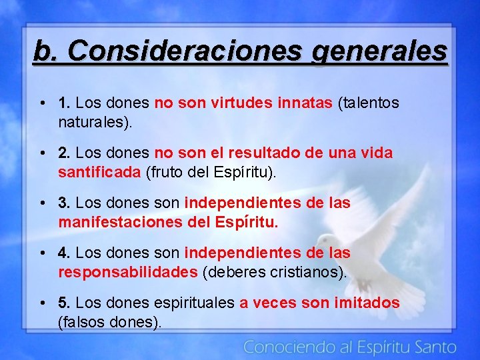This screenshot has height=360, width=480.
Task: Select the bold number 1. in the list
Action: point(65,103)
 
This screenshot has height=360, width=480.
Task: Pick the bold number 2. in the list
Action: point(65,153)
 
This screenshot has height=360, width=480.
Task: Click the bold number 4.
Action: point(65,253)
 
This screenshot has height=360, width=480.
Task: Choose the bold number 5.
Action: point(65,303)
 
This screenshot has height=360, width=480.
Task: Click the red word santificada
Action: point(99,172)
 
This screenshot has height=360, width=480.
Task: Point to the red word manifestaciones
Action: point(118,222)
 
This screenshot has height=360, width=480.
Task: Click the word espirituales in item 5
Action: point(194,303)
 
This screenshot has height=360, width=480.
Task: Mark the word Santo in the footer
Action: point(434,347)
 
